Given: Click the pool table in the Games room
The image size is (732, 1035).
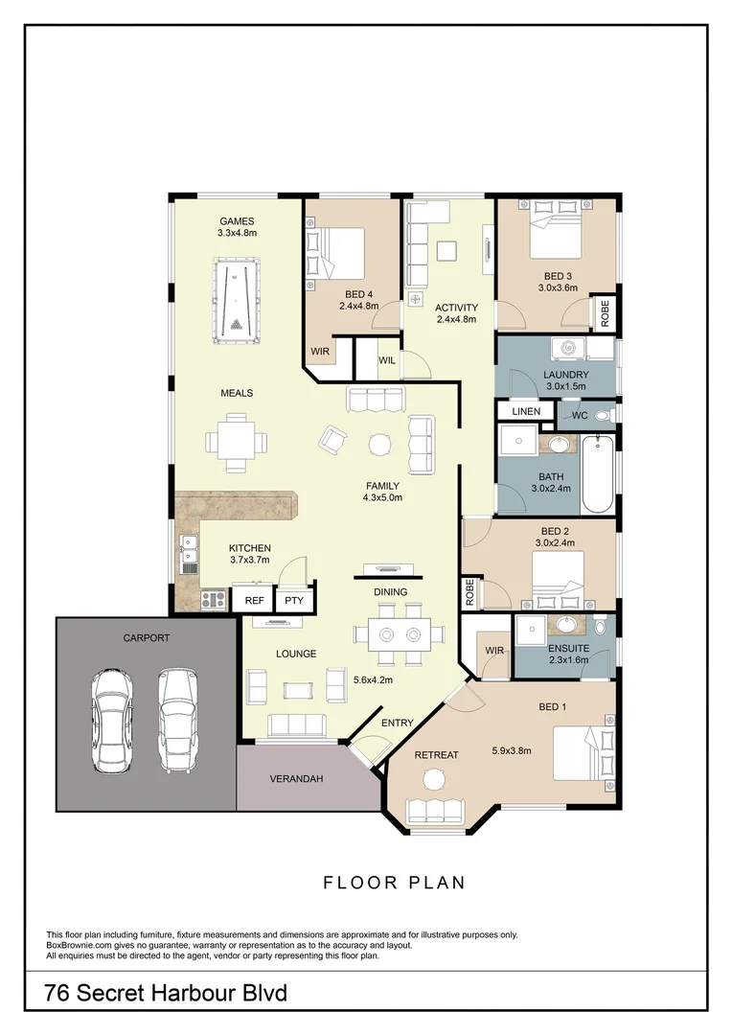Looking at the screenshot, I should coord(235,301).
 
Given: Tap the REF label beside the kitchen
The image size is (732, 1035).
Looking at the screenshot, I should coord(254,601).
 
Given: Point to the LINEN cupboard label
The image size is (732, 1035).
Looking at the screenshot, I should coord(526,411).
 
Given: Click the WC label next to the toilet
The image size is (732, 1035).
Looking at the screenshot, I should coord(579,416).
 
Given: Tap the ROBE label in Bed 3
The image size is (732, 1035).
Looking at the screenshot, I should coord(605,314).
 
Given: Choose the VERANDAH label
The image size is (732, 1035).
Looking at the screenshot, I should coord(296,779).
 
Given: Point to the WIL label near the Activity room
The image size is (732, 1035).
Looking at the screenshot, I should coord(387,360).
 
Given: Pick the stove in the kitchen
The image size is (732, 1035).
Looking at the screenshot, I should coord(213,601).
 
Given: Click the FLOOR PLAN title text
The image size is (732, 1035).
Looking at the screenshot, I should coord(394,883).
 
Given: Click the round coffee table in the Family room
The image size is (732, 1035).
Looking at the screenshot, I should coord(380,444).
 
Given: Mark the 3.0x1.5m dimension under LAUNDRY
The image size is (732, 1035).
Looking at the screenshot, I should coord(565,386).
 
